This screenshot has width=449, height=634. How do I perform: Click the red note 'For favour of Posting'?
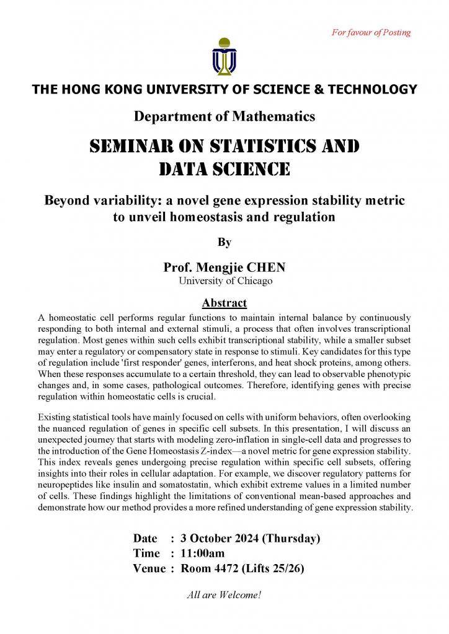371,32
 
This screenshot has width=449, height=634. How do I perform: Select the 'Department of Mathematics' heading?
225,116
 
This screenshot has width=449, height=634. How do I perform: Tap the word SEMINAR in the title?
129,147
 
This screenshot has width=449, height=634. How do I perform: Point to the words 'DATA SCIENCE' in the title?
225,168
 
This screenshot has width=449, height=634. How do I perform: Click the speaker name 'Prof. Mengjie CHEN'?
225,267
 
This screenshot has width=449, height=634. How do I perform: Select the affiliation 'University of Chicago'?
225,281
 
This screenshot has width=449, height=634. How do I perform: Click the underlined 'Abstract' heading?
225,303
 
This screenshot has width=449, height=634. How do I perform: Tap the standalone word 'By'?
225,243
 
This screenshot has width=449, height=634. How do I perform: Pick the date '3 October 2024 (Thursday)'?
250,538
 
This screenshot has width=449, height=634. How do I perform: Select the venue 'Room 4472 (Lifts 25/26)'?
242,568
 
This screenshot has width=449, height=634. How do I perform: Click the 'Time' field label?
146,553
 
